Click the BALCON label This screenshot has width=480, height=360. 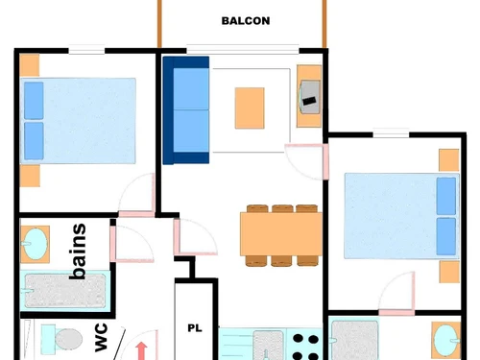coord(245,20)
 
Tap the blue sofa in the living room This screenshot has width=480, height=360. coord(186,110)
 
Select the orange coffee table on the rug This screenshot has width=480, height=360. coord(250,107)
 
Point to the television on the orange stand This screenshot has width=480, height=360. coord(310,94)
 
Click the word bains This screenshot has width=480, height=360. coord(79,252)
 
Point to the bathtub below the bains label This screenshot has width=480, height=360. coord(66,290)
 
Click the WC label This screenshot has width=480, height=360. coord(101,339)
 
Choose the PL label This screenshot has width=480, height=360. coord(194,328)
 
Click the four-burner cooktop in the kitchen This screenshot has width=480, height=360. coord(304,346)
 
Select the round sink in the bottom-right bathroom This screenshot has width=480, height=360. coord(444,340)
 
